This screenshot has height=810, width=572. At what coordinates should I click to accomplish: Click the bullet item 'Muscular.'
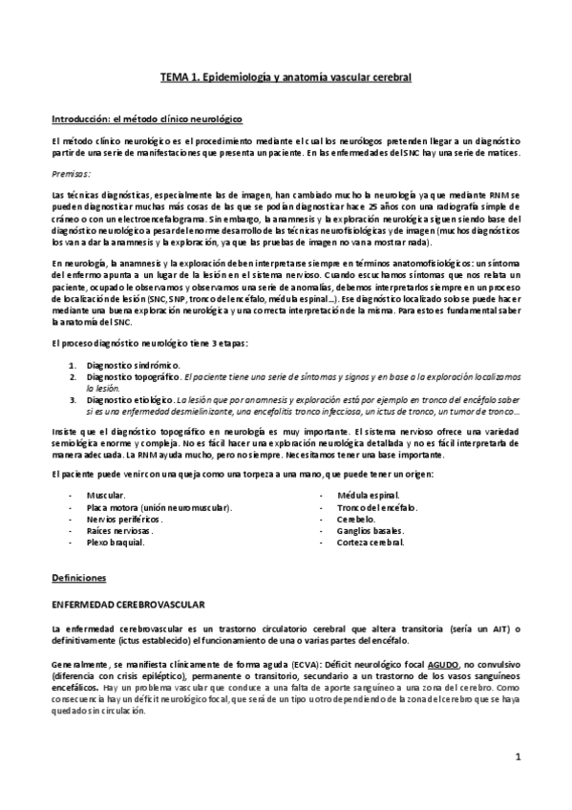click(x=106, y=496)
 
